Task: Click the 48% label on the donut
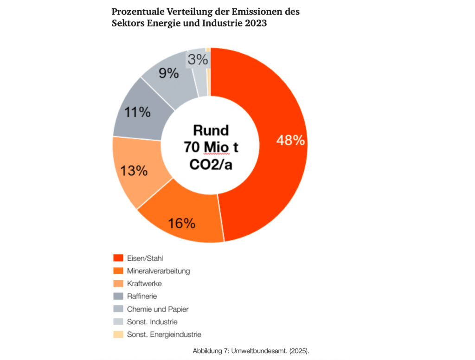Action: pyautogui.click(x=291, y=141)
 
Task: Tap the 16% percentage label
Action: pyautogui.click(x=182, y=223)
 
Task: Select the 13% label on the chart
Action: pyautogui.click(x=134, y=170)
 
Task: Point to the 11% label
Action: pyautogui.click(x=137, y=111)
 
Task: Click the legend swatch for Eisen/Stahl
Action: pyautogui.click(x=118, y=258)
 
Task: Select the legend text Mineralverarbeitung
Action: pyautogui.click(x=158, y=270)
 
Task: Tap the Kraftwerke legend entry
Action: pyautogui.click(x=144, y=283)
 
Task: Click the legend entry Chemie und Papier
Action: pyautogui.click(x=158, y=309)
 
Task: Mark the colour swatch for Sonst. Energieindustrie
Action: pyautogui.click(x=118, y=334)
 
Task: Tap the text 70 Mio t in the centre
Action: pyautogui.click(x=211, y=148)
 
